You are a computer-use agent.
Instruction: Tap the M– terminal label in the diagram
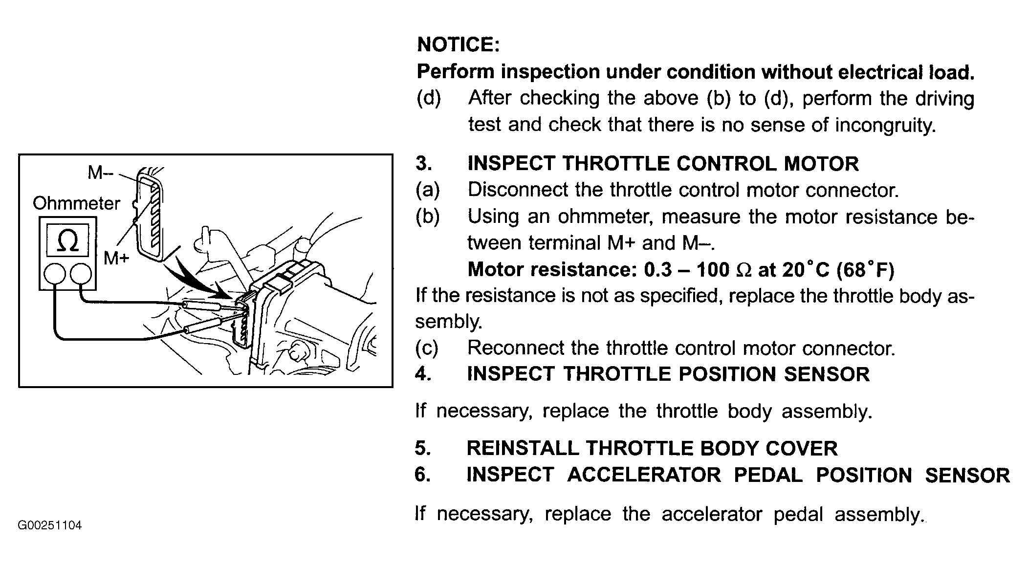pos(100,173)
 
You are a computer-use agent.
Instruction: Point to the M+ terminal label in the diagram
pos(116,258)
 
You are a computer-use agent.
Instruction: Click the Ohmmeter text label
pos(76,203)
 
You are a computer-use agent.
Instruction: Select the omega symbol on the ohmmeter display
pos(67,240)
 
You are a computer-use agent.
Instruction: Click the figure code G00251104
pos(50,525)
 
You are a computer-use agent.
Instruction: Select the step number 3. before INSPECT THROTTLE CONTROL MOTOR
pos(424,163)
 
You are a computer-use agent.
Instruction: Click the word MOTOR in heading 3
pos(821,163)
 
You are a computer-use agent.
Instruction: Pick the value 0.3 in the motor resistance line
pos(658,269)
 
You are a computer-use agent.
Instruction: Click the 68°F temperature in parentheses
pos(865,269)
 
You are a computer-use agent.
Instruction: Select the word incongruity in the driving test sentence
pos(885,125)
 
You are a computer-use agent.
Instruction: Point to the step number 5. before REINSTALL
pos(423,448)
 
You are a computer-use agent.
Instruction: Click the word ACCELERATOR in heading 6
pos(644,475)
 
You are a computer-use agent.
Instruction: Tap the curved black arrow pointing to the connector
pos(193,279)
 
